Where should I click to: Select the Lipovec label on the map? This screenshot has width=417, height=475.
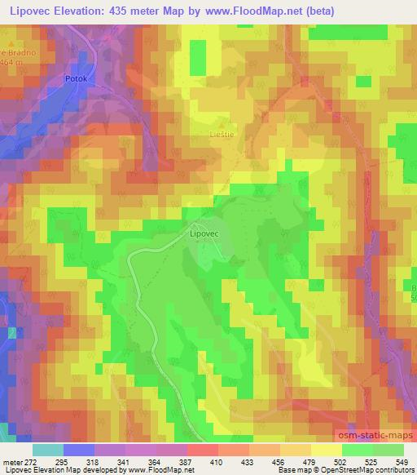pyautogui.click(x=205, y=231)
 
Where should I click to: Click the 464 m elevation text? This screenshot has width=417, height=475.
pyautogui.click(x=10, y=62)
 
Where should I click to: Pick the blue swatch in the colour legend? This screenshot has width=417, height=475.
pyautogui.click(x=78, y=450)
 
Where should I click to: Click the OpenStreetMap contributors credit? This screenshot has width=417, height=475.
pyautogui.click(x=372, y=470)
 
